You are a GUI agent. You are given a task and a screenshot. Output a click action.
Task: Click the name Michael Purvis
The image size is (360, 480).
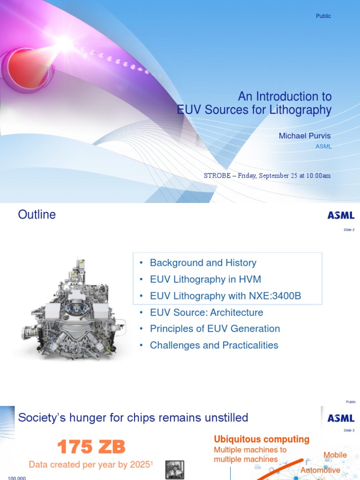[x=305, y=135]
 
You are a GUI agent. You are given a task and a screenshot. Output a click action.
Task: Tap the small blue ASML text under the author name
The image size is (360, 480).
[x=323, y=146]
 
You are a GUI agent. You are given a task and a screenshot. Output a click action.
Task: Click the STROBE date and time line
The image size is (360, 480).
[x=267, y=176]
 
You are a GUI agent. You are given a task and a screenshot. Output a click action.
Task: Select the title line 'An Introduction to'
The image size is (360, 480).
[x=285, y=97]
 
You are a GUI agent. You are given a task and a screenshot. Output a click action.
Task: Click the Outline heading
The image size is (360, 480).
[x=37, y=215]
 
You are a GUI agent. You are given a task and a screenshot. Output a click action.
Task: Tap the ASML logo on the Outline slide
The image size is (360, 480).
[x=341, y=215]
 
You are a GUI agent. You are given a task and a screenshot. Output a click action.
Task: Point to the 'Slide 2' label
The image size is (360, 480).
[x=349, y=230]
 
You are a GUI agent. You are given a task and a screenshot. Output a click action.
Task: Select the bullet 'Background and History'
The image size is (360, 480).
[x=202, y=263]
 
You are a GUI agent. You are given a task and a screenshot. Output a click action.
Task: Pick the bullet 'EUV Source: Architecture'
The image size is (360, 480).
[x=206, y=312]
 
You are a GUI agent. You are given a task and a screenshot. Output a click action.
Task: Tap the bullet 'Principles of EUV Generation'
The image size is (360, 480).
[x=215, y=329]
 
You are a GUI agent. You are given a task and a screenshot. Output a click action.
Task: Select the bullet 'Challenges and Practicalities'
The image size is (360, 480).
[x=214, y=345]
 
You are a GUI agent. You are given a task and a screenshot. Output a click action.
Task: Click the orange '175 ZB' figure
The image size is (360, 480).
[x=91, y=447]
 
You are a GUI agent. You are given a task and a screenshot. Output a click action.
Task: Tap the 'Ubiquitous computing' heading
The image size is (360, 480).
[x=262, y=439]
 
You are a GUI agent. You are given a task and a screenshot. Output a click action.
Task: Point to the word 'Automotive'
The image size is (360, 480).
[x=320, y=470]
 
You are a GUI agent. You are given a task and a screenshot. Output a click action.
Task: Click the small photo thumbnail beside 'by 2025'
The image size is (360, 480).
[x=175, y=470]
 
